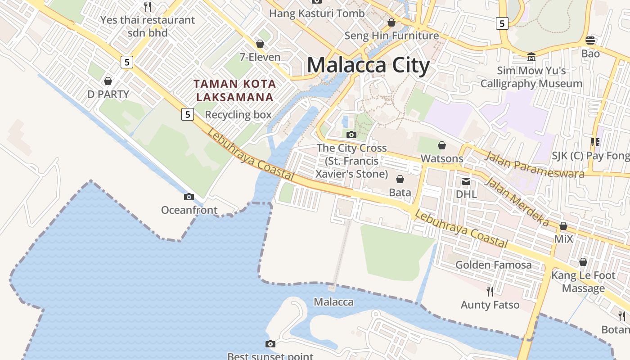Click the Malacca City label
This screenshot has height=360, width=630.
coord(368,65)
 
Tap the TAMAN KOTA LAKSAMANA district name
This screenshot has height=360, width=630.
coord(234,90)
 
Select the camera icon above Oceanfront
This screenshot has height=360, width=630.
coord(189,197)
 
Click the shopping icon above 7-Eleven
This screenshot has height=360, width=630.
coord(260,44)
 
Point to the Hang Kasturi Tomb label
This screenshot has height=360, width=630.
coord(316,13)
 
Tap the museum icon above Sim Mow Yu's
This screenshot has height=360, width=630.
coord(531,57)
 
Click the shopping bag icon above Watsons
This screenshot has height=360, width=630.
coord(442,145)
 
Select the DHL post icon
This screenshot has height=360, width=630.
coord(466,181)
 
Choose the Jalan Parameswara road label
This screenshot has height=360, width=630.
coord(534,165)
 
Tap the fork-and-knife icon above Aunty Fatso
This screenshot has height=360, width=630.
coord(490,291)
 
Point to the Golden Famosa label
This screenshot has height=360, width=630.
coord(493,265)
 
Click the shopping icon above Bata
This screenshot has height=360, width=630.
coord(400,179)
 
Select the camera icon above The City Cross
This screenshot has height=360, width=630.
coord(351,135)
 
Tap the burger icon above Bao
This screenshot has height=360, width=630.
coord(590,40)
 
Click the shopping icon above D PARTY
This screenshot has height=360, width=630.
coord(108,81)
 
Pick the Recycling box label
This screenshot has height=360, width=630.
coord(238,115)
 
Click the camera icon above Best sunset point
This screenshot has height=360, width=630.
coord(270,344)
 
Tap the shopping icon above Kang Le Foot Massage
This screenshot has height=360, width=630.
coord(583,262)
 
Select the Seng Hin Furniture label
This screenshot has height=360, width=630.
coord(391,36)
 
